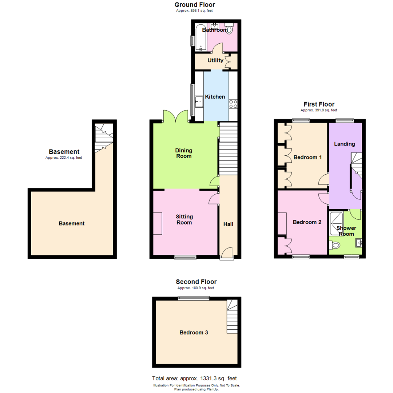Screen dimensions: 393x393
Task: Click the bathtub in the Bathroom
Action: [x=201, y=37]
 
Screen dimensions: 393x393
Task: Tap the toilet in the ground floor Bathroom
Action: [x=229, y=29]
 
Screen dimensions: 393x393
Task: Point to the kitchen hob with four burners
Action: [x=233, y=104]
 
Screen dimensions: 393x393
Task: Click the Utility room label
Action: [x=215, y=60]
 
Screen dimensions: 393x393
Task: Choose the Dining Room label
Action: [x=184, y=153]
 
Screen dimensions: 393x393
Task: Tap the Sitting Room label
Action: [x=184, y=219]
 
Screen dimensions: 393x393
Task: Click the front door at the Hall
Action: [x=226, y=254]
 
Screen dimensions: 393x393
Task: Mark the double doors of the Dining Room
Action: [x=175, y=117]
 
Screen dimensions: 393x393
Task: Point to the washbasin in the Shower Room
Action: [x=359, y=243]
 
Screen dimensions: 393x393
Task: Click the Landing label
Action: [x=345, y=144]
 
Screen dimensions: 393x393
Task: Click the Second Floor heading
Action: [x=196, y=282]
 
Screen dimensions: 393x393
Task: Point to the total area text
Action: [x=196, y=378]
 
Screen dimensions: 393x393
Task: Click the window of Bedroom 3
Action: [x=194, y=298]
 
